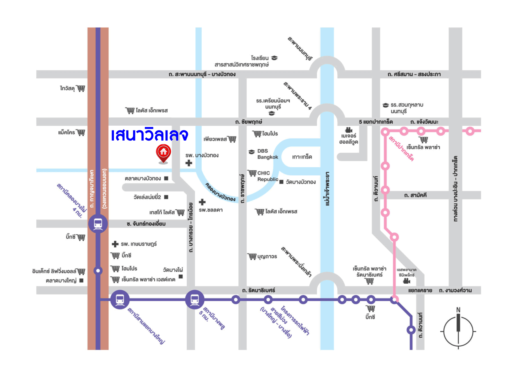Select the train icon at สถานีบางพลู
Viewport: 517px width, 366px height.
pyautogui.click(x=195, y=300)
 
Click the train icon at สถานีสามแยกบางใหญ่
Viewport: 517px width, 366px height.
pyautogui.click(x=120, y=300)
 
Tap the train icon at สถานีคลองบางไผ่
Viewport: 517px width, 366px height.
pyautogui.click(x=98, y=224)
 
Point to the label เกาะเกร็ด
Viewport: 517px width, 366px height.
pyautogui.click(x=302, y=157)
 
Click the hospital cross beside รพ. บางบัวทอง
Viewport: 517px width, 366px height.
pyautogui.click(x=189, y=163)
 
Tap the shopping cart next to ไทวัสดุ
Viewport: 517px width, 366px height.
pyautogui.click(x=81, y=89)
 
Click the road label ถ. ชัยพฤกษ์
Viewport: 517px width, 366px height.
pyautogui.click(x=249, y=122)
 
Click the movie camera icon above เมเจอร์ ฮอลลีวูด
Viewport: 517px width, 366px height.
pyautogui.click(x=349, y=130)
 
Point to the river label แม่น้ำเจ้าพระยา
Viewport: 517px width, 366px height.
pyautogui.click(x=327, y=189)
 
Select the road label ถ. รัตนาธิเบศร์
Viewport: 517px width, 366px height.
pyautogui.click(x=258, y=290)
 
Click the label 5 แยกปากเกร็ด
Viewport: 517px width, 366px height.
pyautogui.click(x=376, y=122)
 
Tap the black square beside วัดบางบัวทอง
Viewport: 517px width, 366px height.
pyautogui.click(x=282, y=182)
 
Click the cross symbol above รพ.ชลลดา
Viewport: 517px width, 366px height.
pyautogui.click(x=202, y=202)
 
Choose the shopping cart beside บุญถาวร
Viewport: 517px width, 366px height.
pyautogui.click(x=252, y=256)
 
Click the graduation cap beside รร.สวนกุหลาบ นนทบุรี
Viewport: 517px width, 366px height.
pyautogui.click(x=386, y=105)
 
